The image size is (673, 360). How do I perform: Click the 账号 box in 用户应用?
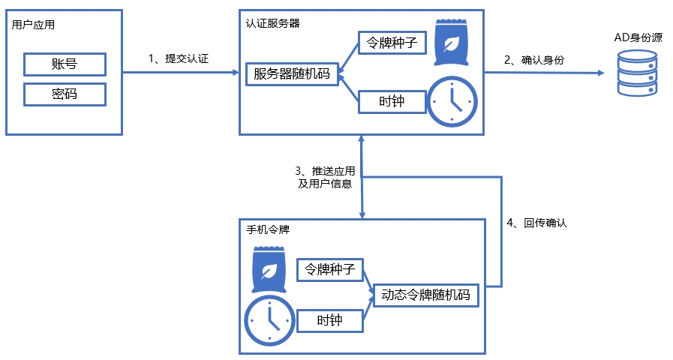coord(64,64)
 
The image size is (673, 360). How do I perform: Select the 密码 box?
coord(64,94)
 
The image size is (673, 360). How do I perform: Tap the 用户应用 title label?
coord(34,25)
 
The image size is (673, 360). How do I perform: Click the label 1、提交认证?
coord(178,58)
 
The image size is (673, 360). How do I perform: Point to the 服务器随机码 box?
coord(292,73)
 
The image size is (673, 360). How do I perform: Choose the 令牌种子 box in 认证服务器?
coord(392,43)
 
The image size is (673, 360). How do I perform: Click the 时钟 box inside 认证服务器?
coord(392,101)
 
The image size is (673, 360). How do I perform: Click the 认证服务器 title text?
coord(273,23)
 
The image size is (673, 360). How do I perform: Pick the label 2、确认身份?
coord(534,60)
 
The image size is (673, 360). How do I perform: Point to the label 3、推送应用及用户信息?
coord(324,177)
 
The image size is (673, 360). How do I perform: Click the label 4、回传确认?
coord(537,223)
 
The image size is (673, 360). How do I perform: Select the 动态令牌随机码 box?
coord(425,295)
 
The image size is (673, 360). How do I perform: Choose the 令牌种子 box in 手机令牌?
coord(331,269)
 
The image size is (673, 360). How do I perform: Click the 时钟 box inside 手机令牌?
coord(330,320)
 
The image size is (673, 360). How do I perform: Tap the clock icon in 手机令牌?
coord(268,320)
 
